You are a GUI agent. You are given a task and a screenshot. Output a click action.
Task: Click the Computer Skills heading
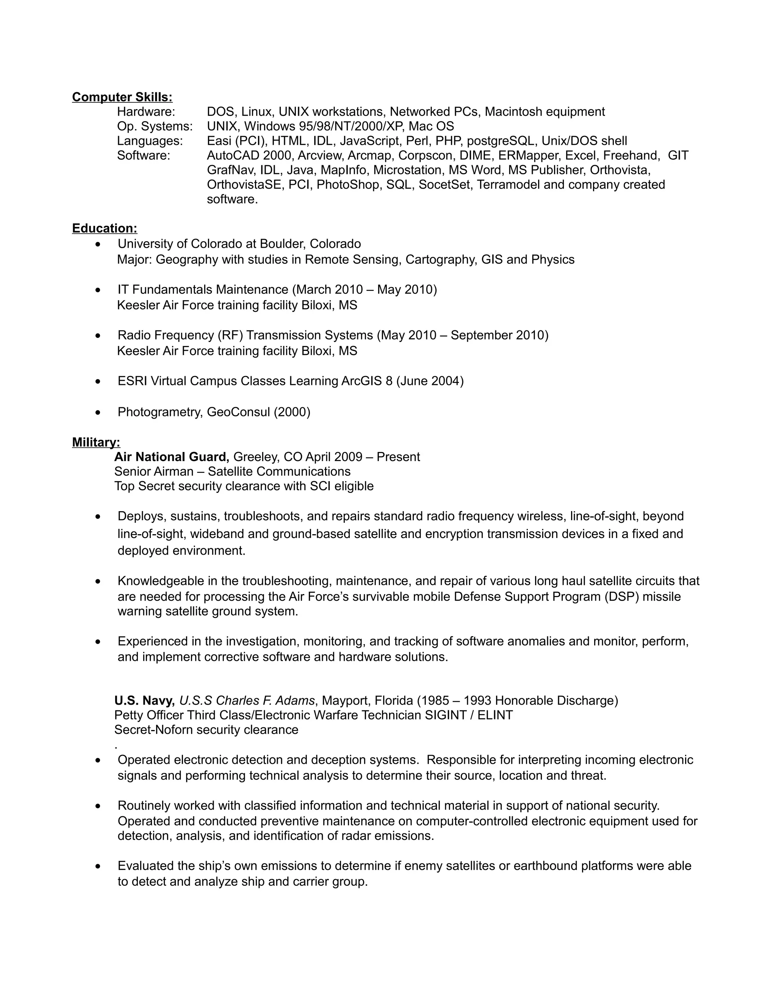[122, 97]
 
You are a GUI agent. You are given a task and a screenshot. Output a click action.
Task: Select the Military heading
[96, 442]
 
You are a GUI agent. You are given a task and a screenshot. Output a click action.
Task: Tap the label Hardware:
[146, 112]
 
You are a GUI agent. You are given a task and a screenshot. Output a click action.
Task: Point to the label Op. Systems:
[155, 127]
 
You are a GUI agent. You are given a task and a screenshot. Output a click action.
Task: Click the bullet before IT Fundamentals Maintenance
[98, 291]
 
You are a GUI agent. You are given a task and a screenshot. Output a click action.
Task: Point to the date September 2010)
[499, 336]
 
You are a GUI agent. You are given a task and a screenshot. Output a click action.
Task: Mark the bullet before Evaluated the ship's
[98, 866]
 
